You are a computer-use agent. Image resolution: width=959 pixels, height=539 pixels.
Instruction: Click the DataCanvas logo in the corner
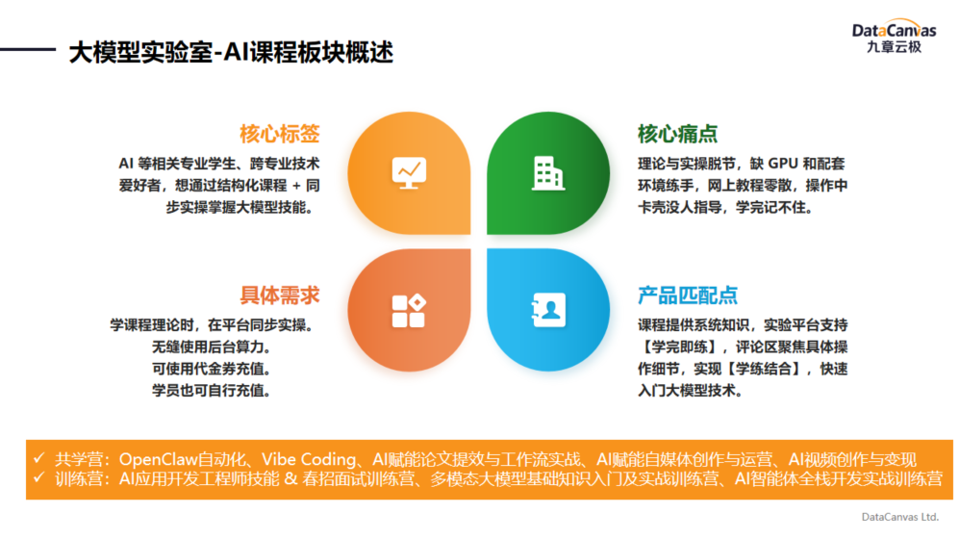(x=894, y=37)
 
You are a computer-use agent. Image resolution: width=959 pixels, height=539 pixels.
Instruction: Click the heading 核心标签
(x=280, y=134)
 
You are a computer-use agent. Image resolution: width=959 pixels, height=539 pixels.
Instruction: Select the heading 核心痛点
(x=678, y=134)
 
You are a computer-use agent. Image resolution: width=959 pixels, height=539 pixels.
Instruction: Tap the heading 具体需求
(x=280, y=295)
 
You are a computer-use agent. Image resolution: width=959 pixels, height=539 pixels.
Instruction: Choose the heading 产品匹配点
(x=688, y=295)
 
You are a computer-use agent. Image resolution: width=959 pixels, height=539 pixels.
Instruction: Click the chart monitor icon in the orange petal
(x=409, y=173)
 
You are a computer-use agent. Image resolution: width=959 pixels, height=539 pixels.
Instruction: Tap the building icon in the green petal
(x=548, y=173)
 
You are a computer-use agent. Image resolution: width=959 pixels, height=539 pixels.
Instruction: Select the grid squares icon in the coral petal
(x=409, y=311)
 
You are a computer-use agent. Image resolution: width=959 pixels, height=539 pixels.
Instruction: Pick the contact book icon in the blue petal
(x=548, y=310)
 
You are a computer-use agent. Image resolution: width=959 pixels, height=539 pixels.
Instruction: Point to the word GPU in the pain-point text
(x=783, y=164)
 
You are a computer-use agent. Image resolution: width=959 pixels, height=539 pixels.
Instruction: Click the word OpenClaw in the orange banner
(x=158, y=459)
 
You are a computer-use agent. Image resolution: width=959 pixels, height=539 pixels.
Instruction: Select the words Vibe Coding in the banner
(x=309, y=459)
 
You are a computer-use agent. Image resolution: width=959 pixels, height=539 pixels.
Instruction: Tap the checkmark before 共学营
(x=39, y=457)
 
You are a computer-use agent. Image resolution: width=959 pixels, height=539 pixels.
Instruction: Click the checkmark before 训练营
(x=39, y=476)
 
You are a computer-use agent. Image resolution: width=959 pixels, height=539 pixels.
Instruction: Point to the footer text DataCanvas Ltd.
(x=899, y=517)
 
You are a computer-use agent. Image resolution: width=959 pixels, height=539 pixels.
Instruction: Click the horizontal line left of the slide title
(x=28, y=49)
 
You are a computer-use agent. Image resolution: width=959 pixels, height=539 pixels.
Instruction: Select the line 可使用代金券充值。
(x=212, y=369)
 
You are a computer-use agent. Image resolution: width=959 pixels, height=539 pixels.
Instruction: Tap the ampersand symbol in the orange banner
(x=290, y=478)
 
